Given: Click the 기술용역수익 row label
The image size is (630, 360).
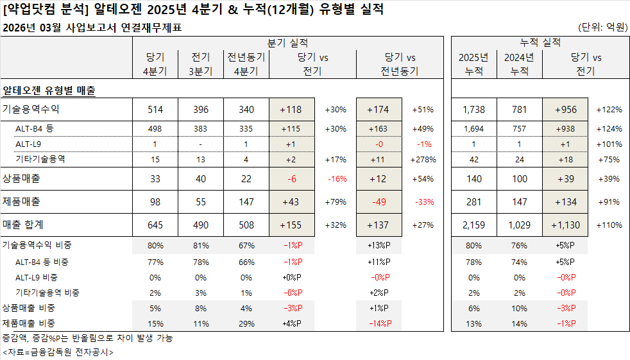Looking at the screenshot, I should (31, 109).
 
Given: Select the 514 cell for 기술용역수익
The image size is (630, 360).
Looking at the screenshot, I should (155, 109).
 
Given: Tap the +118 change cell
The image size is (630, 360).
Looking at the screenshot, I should (291, 109).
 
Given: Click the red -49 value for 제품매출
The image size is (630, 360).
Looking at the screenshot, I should (379, 201).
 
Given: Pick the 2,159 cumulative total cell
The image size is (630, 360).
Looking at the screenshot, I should (474, 225).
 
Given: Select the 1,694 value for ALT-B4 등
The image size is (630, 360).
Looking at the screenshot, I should (474, 128).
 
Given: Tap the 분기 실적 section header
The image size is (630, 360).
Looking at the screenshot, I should (287, 43).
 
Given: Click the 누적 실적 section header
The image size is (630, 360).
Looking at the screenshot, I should (540, 43).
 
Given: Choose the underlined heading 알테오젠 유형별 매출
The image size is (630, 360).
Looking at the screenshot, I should (49, 90).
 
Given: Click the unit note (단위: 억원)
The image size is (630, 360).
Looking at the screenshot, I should (602, 27).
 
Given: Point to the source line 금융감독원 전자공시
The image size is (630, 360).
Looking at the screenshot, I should (58, 352).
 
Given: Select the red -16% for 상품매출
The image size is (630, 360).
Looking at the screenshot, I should (337, 179).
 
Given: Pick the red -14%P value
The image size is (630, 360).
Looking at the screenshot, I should (379, 323).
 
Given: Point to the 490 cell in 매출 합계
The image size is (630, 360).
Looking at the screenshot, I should (200, 225).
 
